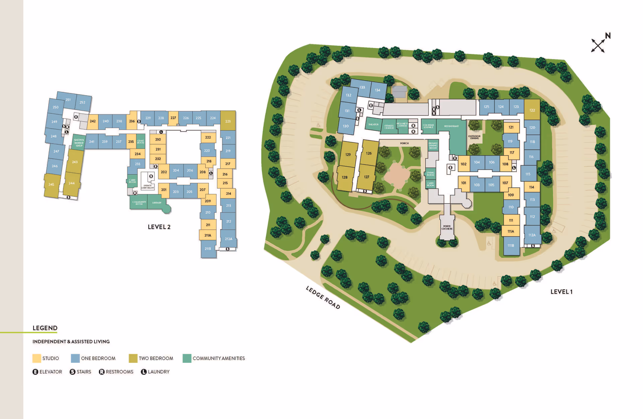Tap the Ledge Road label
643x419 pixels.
pos(323,297)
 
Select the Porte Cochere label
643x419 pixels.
pos(447,228)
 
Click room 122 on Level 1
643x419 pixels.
pos(532,110)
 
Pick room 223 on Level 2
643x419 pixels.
pos(228,121)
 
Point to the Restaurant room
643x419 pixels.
pos(451,127)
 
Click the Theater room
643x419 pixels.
pos(373,124)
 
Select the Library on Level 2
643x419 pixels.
pos(157,203)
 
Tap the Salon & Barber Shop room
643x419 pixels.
pos(79,143)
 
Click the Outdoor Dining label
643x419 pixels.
pos(474,137)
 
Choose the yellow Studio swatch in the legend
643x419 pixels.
pos(37,358)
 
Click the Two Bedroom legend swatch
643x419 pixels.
pos(133,358)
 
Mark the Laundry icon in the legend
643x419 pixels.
pos(144,372)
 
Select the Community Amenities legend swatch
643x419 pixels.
pos(187,358)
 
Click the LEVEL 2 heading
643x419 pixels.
pos(159,227)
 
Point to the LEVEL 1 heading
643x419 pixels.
pos(561,292)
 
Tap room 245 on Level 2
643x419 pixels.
pos(51,184)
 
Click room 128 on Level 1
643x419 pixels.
pos(345,177)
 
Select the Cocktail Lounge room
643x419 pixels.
pos(428,126)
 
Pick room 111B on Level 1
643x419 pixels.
pos(511,246)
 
